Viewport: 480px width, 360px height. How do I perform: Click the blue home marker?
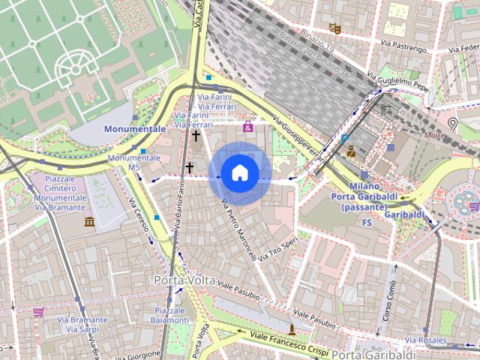(x=239, y=173)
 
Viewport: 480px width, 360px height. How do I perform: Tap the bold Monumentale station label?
(x=135, y=129)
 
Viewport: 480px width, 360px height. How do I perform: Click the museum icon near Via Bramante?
(x=89, y=222)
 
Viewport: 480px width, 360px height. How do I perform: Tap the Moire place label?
(x=433, y=136)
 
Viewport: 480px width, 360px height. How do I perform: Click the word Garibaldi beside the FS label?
(x=404, y=214)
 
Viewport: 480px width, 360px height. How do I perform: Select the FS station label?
(x=367, y=223)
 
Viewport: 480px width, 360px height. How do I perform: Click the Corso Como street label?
(x=389, y=300)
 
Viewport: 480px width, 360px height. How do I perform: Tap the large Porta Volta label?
(x=184, y=280)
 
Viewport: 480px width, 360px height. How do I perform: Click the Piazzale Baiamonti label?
(x=170, y=315)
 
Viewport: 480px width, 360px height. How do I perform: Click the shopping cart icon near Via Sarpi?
(x=38, y=311)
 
